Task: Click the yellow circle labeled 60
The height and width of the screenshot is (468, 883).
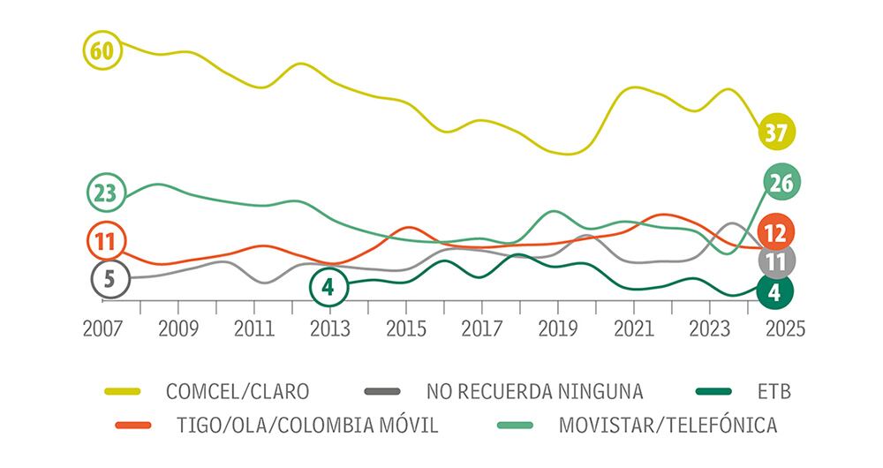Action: tap(102, 51)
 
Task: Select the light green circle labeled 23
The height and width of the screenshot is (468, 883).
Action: tap(105, 193)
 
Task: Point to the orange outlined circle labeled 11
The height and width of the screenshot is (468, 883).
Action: tap(105, 240)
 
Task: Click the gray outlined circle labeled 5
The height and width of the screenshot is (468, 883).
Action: tap(109, 279)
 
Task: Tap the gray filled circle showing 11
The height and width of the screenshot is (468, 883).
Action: tap(777, 261)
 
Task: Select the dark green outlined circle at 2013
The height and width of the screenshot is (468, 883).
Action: tap(328, 286)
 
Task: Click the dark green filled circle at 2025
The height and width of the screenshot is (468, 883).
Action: tap(774, 292)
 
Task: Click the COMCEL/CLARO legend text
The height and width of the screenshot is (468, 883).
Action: tap(238, 389)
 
